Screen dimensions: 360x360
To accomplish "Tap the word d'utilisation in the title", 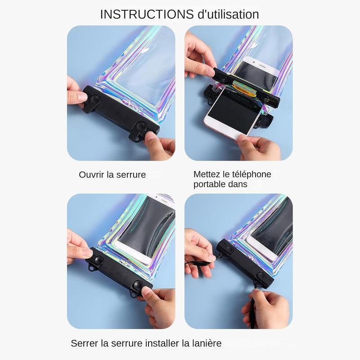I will [x=229, y=14].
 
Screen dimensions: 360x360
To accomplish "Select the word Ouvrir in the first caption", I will [x=92, y=175].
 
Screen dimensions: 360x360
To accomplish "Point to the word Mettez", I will [x=207, y=174].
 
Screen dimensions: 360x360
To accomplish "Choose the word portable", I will [x=210, y=184].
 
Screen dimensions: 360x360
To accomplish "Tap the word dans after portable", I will [x=238, y=184].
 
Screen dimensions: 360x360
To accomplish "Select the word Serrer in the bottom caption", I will [x=85, y=343].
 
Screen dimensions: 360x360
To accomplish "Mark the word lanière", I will [x=206, y=343].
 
